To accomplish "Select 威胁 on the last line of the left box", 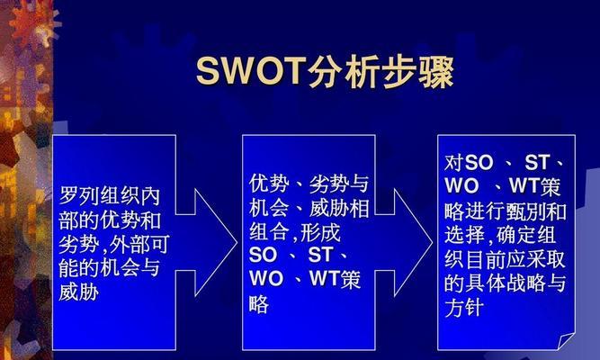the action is [79, 292].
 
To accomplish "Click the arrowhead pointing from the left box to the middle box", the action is [216, 242].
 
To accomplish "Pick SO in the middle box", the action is [263, 255].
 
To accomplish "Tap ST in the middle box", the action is [321, 255].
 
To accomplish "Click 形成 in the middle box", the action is [320, 231].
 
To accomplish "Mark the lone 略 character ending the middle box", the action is [259, 304].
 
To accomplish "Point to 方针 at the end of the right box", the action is [464, 308].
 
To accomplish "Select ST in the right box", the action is [538, 162].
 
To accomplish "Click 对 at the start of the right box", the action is [454, 163].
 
